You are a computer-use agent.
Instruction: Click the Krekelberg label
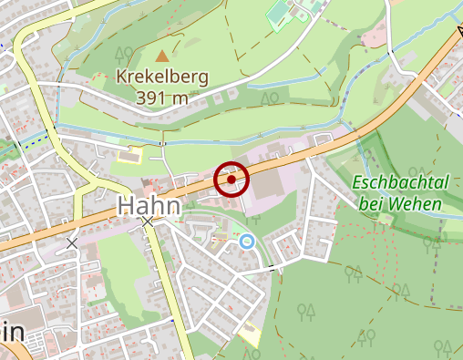(x=162, y=77)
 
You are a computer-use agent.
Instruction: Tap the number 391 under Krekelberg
(x=151, y=98)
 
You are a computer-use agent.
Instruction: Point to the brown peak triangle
(x=163, y=57)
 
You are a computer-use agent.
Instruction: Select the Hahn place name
(x=149, y=207)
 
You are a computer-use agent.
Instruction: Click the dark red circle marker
(x=231, y=180)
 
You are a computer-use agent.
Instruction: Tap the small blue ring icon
(x=247, y=242)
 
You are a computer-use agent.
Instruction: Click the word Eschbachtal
(x=399, y=183)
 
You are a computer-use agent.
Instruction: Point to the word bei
(x=371, y=204)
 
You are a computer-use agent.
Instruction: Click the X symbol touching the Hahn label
(x=148, y=221)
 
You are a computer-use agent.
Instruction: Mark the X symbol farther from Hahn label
(x=72, y=243)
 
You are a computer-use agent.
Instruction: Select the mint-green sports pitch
(x=280, y=14)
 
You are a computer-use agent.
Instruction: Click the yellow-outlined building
(x=130, y=154)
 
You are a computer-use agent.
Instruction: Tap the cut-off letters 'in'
(x=11, y=333)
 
